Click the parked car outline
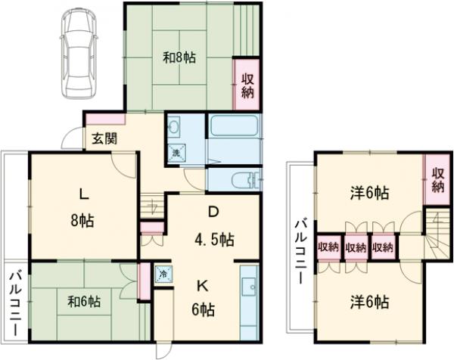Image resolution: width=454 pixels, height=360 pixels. pos(79,54)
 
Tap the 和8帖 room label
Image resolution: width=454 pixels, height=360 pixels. pos(179,58)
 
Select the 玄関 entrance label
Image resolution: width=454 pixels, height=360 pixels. pos(105,139)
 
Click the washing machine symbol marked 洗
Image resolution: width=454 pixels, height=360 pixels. pos(177,152)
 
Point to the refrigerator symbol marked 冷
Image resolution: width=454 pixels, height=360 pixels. pos(163,274)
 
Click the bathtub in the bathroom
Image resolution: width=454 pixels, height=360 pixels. pos(234,126)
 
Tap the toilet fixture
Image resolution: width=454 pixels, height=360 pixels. pos(246,180)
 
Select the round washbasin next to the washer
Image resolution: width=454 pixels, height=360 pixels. pos(174,126)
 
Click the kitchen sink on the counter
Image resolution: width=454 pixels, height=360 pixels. pos(249,287)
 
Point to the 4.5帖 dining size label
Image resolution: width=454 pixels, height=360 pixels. pos(214,240)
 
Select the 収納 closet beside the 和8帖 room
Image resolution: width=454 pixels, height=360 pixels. pos(247,85)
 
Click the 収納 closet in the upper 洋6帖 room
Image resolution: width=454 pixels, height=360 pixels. pos(438,180)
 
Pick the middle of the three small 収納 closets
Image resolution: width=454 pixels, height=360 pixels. pos(356,247)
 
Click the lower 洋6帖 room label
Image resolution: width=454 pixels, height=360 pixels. pos(370,302)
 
